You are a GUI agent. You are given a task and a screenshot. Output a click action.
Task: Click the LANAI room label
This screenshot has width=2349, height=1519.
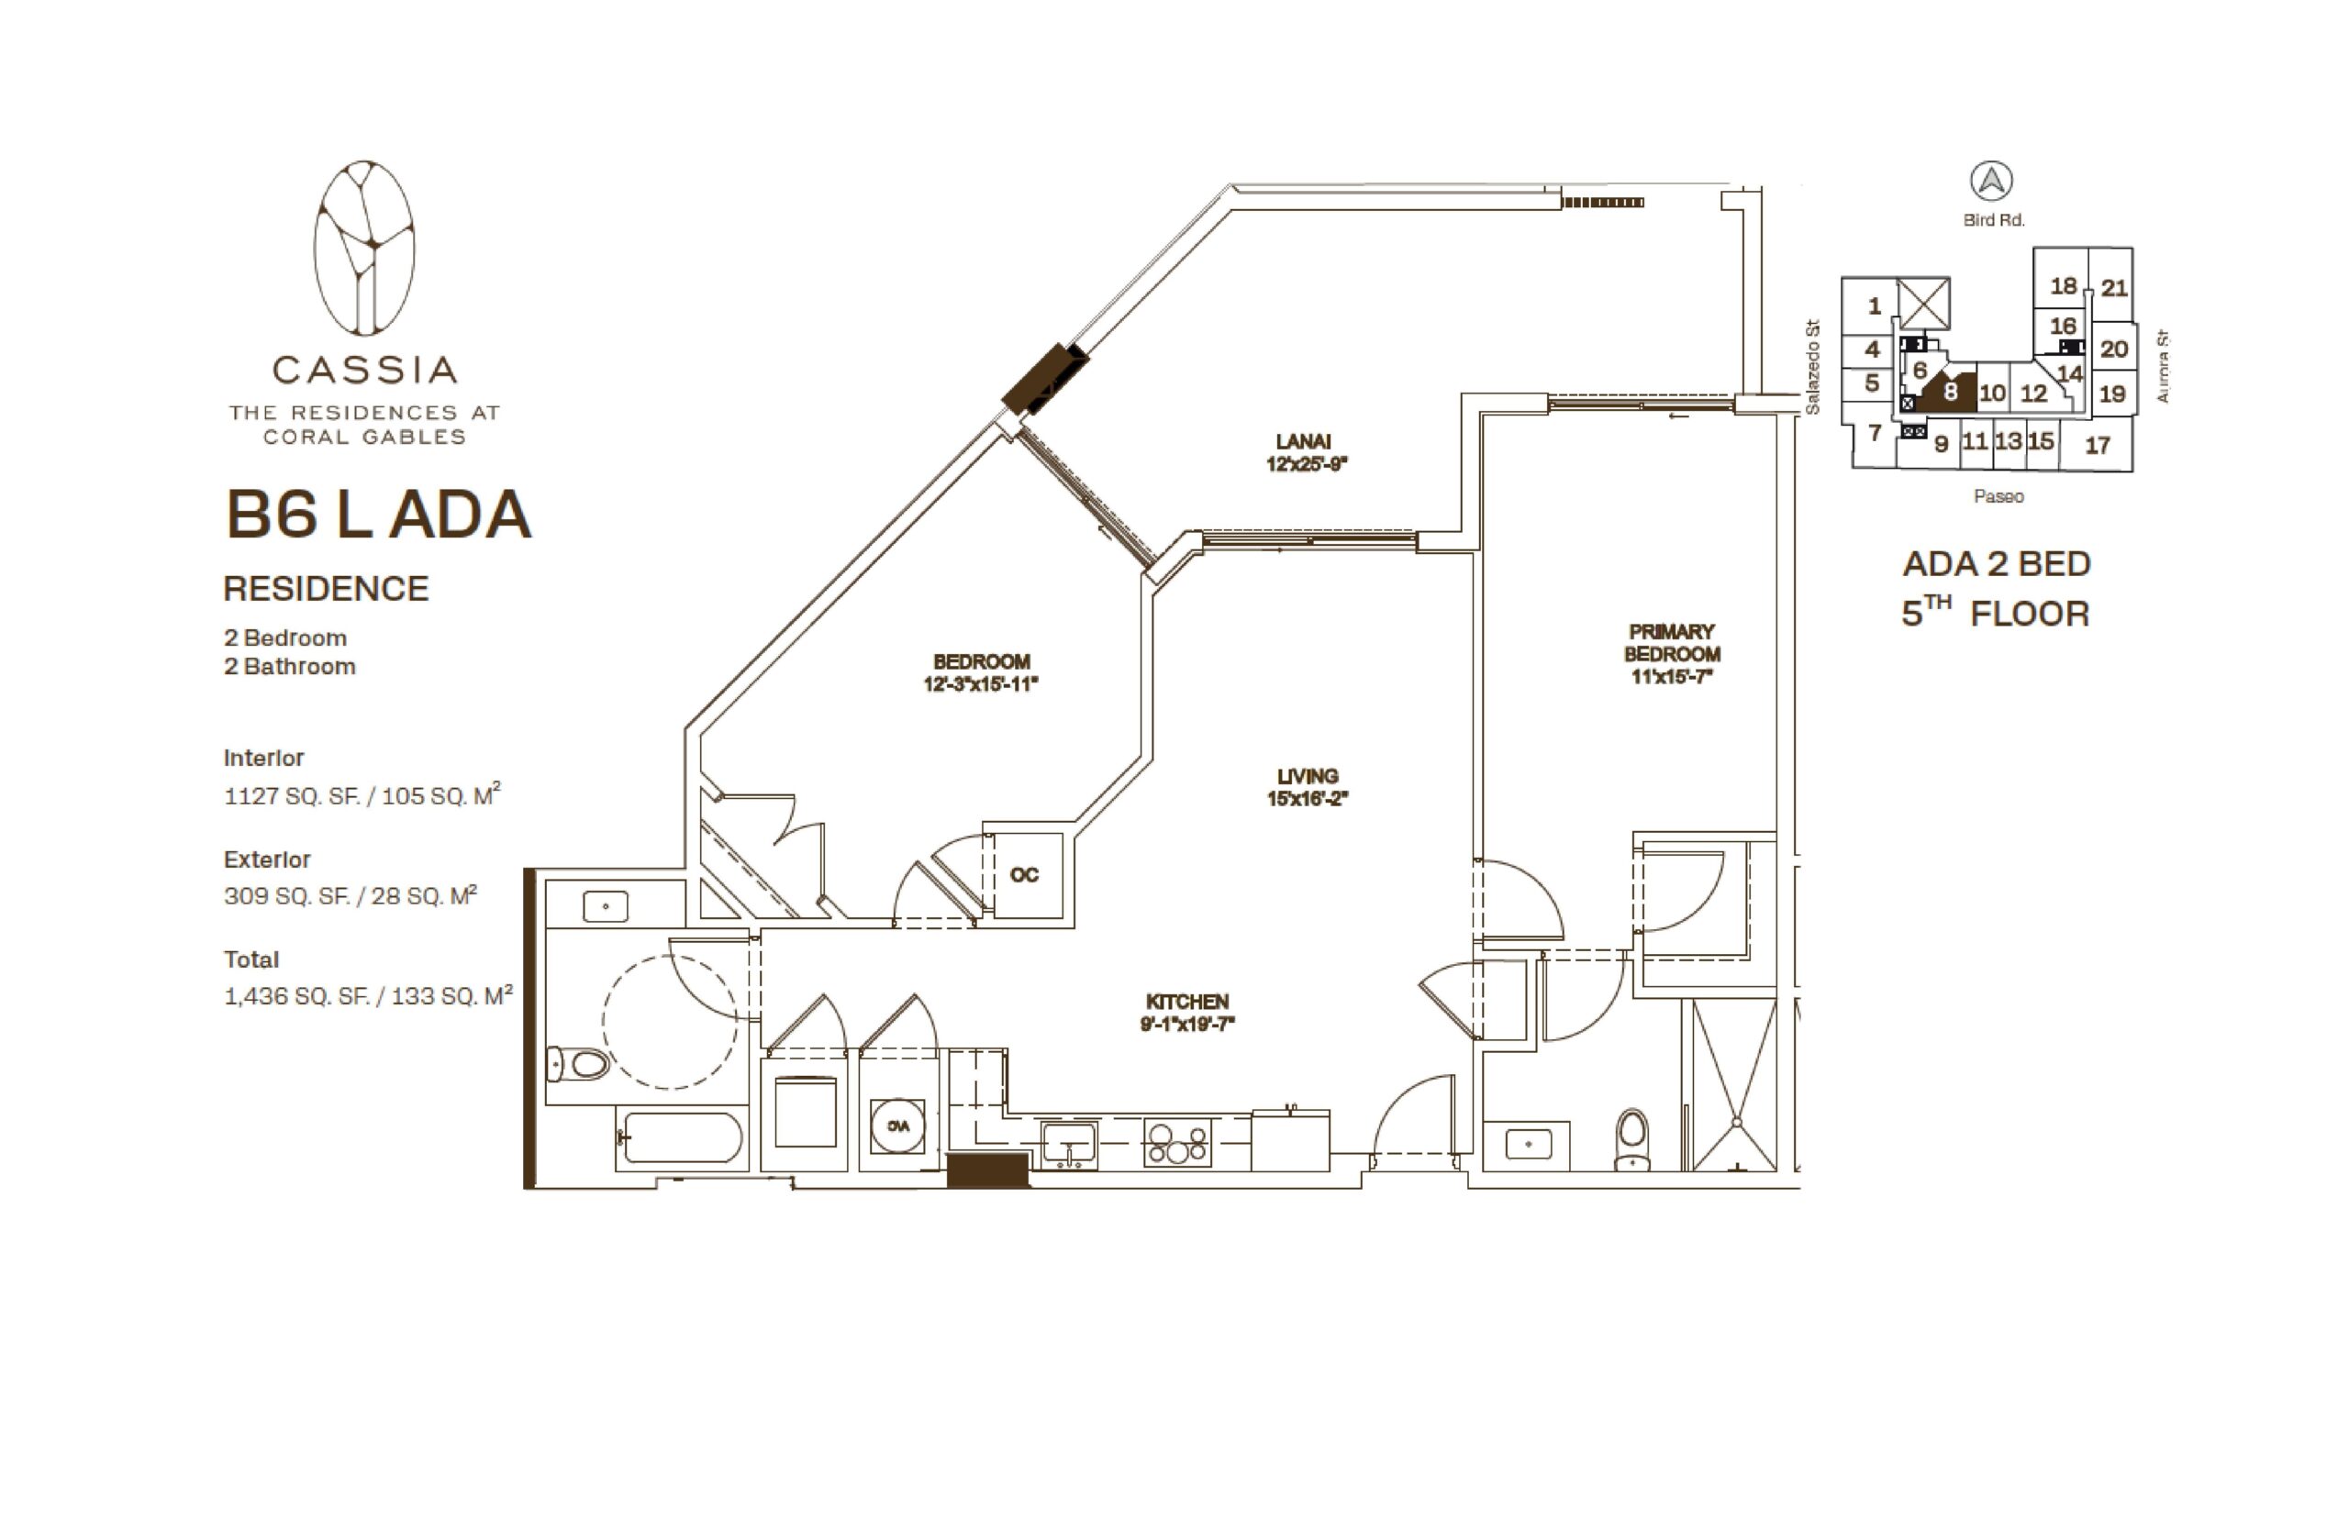point(1302,441)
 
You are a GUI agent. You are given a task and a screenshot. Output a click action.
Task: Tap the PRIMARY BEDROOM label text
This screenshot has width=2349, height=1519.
point(1671,642)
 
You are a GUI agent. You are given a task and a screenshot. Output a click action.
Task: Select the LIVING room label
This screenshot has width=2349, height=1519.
point(1308,776)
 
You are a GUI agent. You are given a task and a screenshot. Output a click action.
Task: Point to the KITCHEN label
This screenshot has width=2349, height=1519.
point(1186,1001)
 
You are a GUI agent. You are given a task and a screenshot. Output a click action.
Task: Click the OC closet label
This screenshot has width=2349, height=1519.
point(1024,875)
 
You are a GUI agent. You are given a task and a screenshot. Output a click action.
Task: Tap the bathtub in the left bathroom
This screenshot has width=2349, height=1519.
point(681,1138)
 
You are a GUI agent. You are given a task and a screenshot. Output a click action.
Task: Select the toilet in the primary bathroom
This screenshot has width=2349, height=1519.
point(1631,1139)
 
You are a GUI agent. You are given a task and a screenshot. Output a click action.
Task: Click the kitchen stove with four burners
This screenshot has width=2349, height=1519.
point(1177,1142)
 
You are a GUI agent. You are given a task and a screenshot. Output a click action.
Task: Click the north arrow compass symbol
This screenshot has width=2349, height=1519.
point(1991,182)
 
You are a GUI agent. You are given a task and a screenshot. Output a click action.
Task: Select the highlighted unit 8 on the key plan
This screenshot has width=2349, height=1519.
point(1946,392)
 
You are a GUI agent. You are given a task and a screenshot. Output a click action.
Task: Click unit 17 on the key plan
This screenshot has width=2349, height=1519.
point(2098,446)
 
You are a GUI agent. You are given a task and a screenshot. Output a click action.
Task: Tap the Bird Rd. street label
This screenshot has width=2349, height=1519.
point(1993,221)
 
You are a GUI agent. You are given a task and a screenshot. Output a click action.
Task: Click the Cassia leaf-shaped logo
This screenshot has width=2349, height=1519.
point(364,248)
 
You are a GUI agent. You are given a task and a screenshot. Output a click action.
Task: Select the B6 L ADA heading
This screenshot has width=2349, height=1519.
point(379,515)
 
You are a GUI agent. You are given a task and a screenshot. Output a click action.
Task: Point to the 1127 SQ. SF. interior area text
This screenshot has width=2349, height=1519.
point(290,796)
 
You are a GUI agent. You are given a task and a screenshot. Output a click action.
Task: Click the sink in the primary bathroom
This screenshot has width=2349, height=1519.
point(1528,1144)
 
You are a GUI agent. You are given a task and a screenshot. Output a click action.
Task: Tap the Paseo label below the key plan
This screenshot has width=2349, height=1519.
point(1998,496)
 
